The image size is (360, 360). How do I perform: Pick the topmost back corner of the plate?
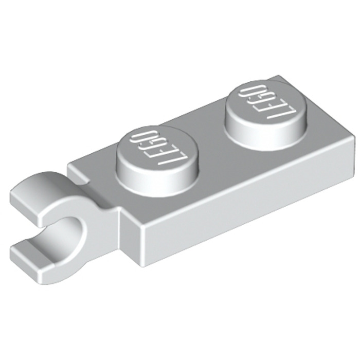(282, 76)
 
